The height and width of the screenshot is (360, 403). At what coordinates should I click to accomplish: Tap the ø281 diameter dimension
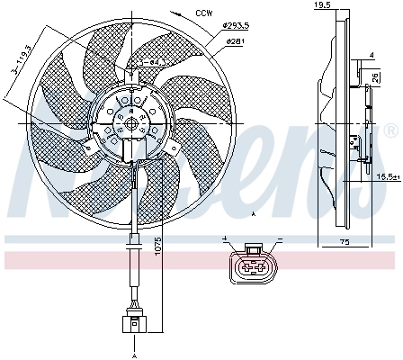pyautogui.click(x=235, y=41)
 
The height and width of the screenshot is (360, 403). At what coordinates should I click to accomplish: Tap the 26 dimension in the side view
pyautogui.click(x=374, y=77)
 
